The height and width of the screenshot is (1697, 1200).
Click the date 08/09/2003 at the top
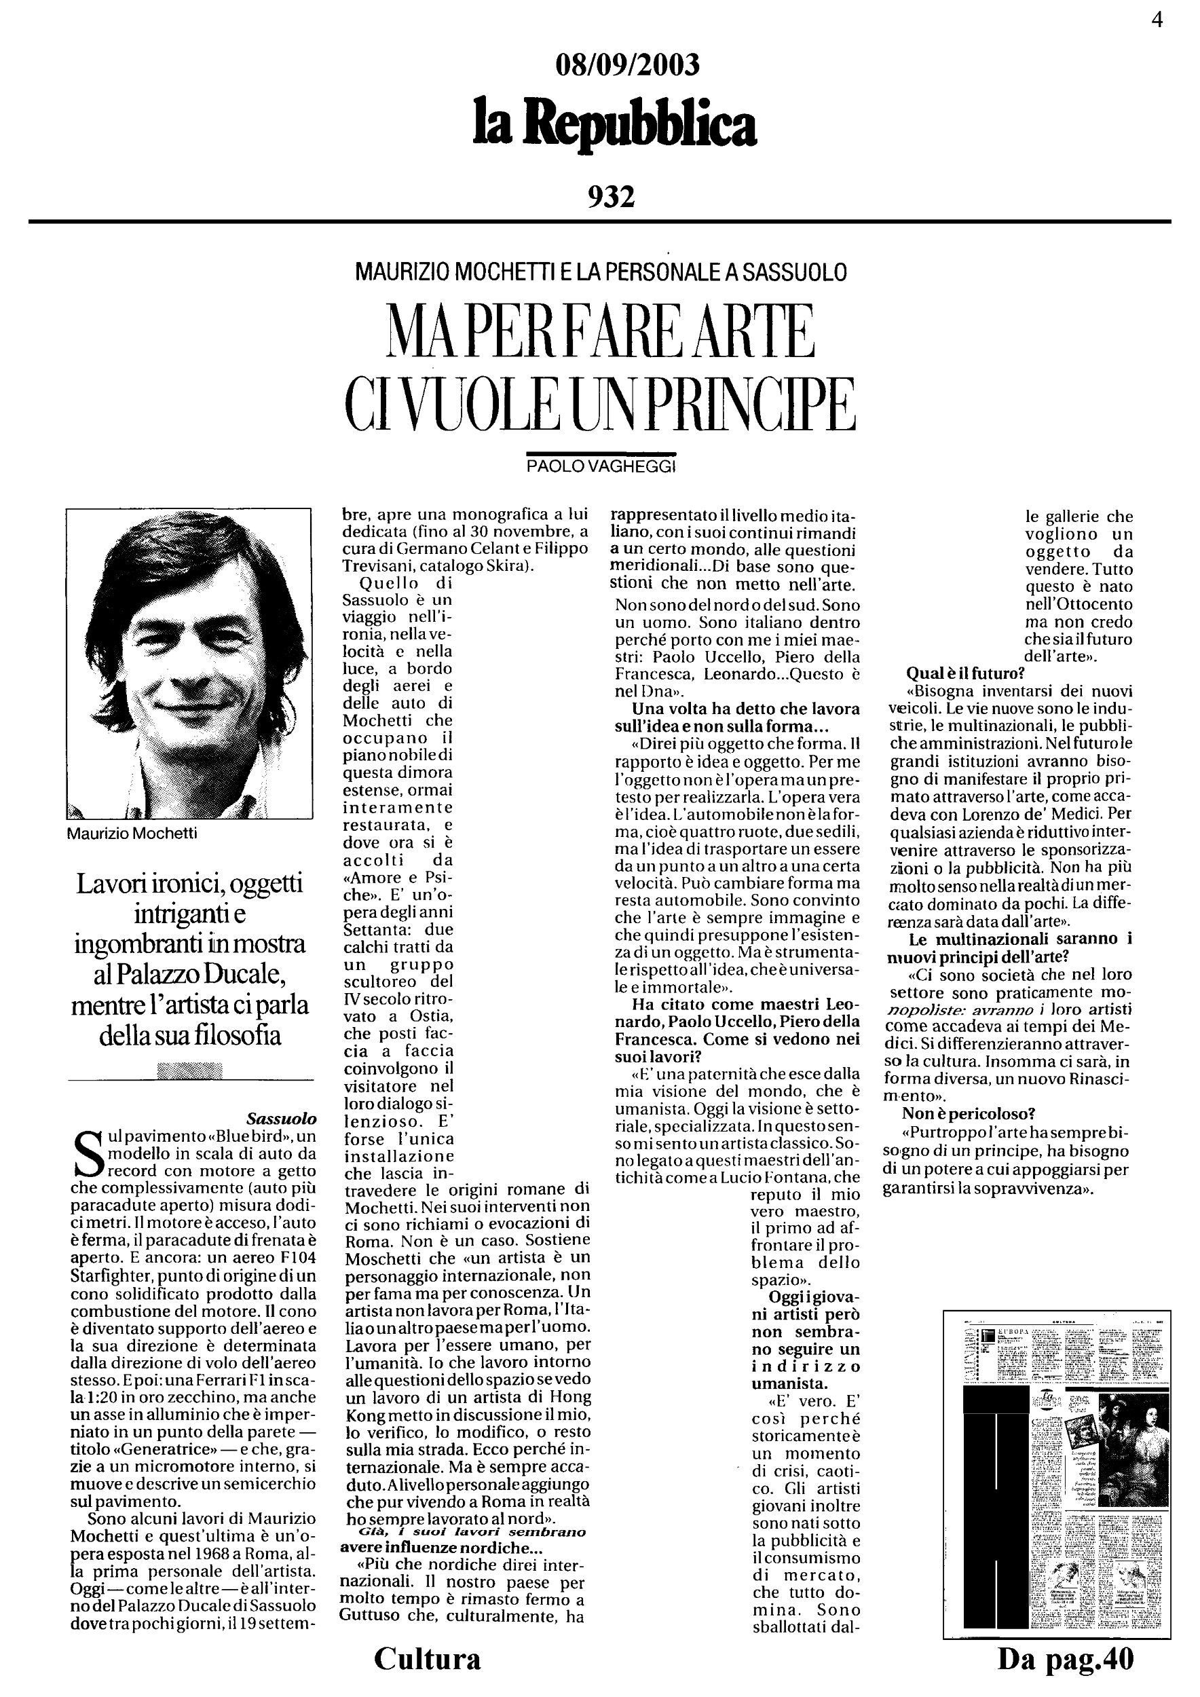(x=626, y=66)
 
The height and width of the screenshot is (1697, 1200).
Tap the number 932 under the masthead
(x=611, y=197)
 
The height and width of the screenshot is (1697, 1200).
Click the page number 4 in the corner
(x=1157, y=20)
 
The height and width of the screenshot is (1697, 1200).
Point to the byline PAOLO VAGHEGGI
(x=601, y=466)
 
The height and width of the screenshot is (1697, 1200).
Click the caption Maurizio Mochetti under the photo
(x=132, y=834)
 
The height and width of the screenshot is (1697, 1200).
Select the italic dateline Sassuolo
(x=281, y=1118)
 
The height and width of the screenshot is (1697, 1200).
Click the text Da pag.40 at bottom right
(x=1065, y=1658)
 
